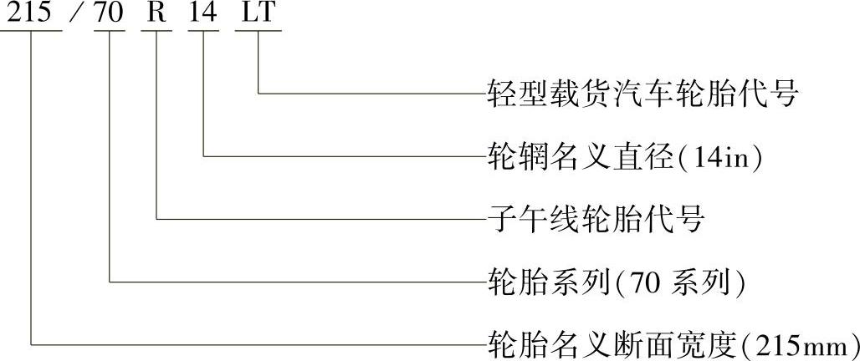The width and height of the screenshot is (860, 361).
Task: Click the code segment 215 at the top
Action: tap(31, 13)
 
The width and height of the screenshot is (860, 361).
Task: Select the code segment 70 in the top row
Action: tap(110, 13)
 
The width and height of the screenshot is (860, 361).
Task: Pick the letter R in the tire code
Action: tap(156, 13)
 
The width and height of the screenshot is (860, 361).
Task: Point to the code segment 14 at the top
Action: tap(203, 13)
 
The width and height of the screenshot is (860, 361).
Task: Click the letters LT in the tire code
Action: tap(259, 13)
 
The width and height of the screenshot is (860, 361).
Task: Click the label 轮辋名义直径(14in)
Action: tap(624, 156)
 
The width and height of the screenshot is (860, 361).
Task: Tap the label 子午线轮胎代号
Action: tap(595, 220)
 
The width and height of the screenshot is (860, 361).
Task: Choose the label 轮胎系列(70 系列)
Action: tap(617, 282)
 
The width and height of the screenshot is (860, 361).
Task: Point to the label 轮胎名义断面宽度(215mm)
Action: tap(673, 343)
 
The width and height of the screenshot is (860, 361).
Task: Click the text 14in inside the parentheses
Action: tap(720, 157)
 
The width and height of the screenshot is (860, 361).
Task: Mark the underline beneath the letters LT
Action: tap(259, 31)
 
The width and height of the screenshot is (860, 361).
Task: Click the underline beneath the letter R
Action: tap(156, 31)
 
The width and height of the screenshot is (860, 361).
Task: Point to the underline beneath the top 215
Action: tap(31, 31)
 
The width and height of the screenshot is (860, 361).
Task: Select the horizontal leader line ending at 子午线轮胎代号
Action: tap(318, 220)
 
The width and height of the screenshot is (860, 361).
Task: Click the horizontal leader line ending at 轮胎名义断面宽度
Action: tap(251, 343)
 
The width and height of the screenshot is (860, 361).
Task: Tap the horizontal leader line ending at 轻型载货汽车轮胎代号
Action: tap(368, 93)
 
